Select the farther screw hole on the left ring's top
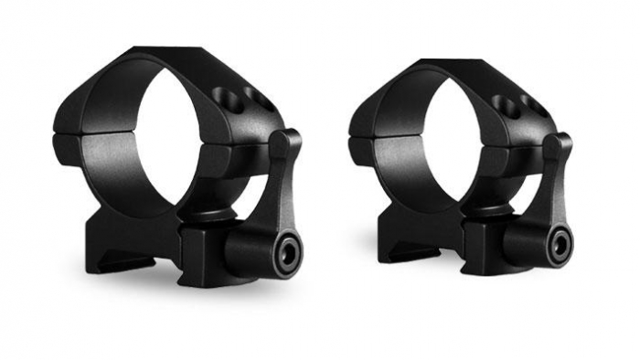click(x=256, y=97)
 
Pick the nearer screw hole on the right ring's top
click(x=500, y=102)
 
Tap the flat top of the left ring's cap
click(x=174, y=56)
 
